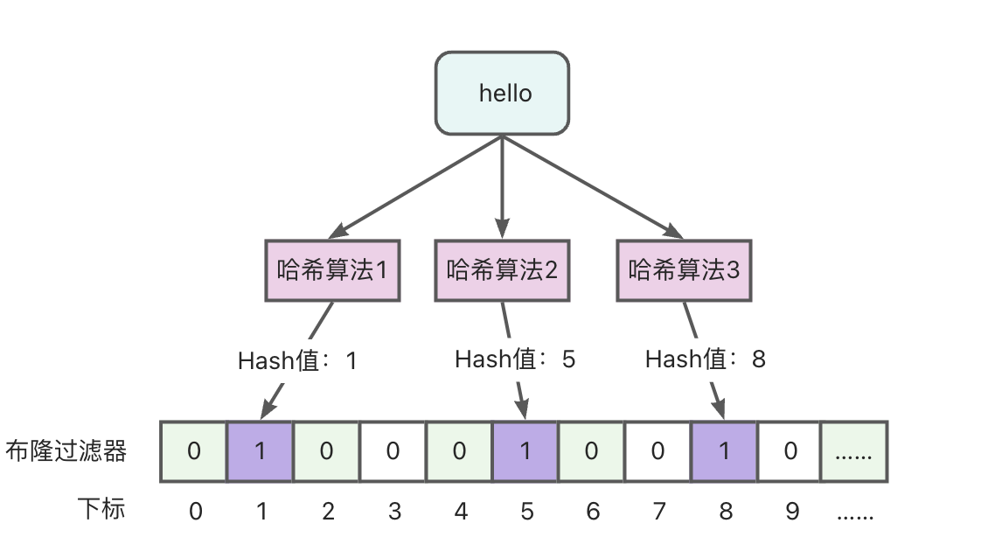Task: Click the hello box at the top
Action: click(x=502, y=93)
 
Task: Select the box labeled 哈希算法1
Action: click(x=332, y=270)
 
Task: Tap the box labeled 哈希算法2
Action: click(x=502, y=270)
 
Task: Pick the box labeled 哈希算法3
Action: click(x=684, y=270)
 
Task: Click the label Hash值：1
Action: click(x=297, y=360)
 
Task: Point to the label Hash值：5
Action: click(x=515, y=359)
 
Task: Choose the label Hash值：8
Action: click(x=705, y=359)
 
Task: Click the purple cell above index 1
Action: click(x=260, y=451)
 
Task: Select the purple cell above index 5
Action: click(x=525, y=451)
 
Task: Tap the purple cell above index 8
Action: click(x=724, y=451)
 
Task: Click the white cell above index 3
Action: click(x=393, y=451)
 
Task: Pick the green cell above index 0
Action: click(x=194, y=451)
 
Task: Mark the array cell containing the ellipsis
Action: click(x=855, y=451)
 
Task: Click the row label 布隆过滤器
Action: click(x=66, y=451)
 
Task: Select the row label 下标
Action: click(x=101, y=509)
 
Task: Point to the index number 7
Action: click(x=658, y=511)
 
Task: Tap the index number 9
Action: click(x=791, y=511)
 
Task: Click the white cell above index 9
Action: click(x=790, y=451)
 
